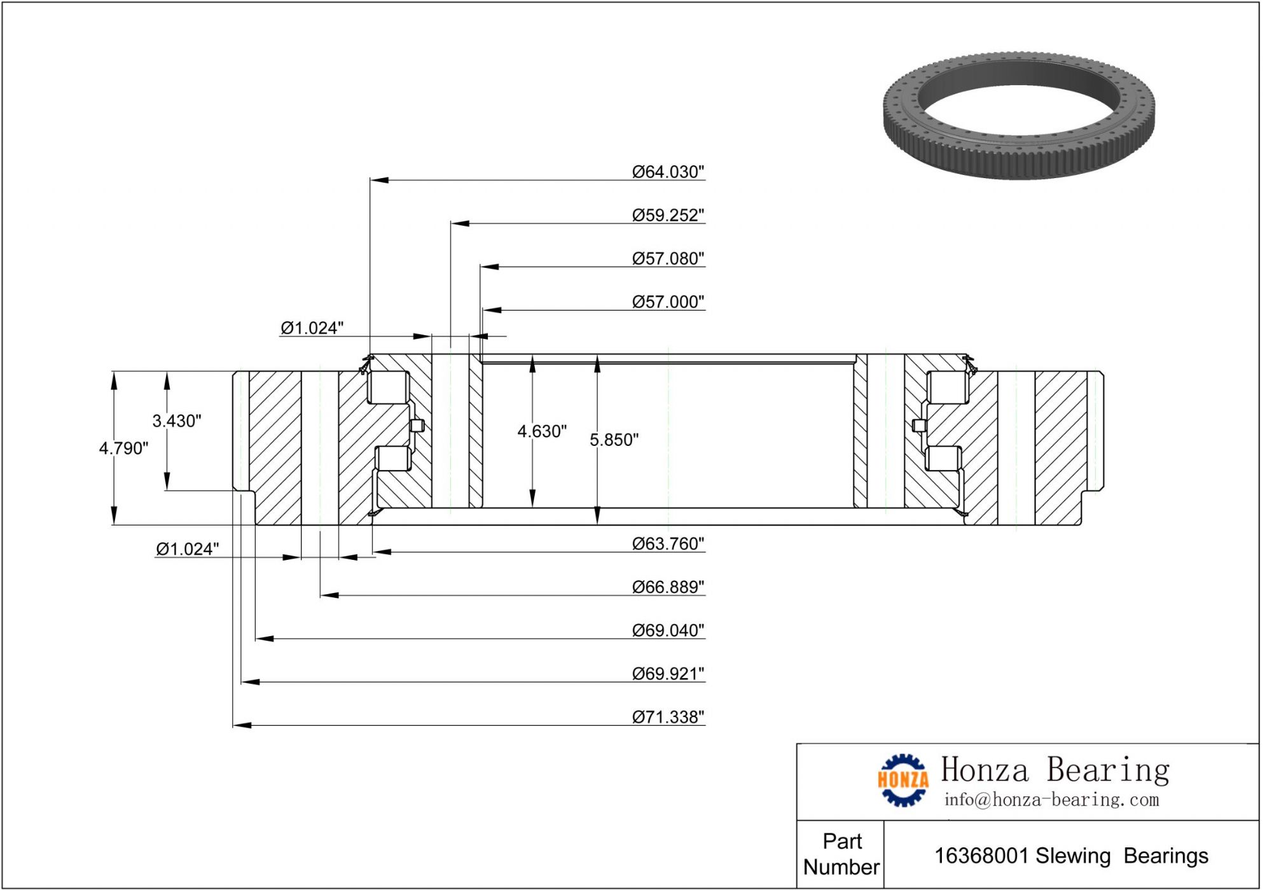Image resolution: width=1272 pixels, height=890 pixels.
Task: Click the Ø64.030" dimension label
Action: pyautogui.click(x=668, y=172)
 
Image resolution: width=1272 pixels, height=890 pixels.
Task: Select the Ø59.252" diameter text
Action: pyautogui.click(x=668, y=215)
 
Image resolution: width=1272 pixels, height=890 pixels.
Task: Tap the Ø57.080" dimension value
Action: pyautogui.click(x=668, y=258)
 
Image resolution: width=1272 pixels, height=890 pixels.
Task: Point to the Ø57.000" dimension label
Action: pyautogui.click(x=668, y=302)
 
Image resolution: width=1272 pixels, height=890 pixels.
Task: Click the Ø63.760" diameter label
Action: pyautogui.click(x=668, y=544)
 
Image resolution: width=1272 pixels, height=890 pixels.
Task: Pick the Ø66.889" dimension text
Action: pyautogui.click(x=668, y=587)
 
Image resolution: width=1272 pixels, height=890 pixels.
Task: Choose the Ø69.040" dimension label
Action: pyautogui.click(x=668, y=630)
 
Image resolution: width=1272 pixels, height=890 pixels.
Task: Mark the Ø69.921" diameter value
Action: pyautogui.click(x=668, y=674)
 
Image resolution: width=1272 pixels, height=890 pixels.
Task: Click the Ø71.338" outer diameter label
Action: pyautogui.click(x=668, y=717)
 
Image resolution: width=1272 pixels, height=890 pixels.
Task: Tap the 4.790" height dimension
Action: pyautogui.click(x=123, y=448)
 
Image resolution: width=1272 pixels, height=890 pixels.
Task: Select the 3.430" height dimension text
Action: pyautogui.click(x=176, y=421)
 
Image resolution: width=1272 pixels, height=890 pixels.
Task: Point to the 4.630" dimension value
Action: pyautogui.click(x=542, y=431)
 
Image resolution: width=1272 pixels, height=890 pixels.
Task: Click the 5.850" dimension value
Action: pyautogui.click(x=614, y=440)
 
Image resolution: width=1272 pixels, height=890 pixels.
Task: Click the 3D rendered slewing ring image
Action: pyautogui.click(x=1019, y=116)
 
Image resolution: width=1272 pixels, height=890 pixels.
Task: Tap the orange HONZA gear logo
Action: pyautogui.click(x=902, y=780)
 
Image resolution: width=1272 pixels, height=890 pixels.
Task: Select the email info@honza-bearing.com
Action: pyautogui.click(x=1051, y=800)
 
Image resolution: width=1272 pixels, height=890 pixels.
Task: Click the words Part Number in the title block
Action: pyautogui.click(x=841, y=854)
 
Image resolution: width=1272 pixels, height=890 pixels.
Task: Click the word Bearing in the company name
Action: pyautogui.click(x=1108, y=770)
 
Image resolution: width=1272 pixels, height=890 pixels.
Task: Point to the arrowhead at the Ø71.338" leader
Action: pyautogui.click(x=242, y=725)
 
